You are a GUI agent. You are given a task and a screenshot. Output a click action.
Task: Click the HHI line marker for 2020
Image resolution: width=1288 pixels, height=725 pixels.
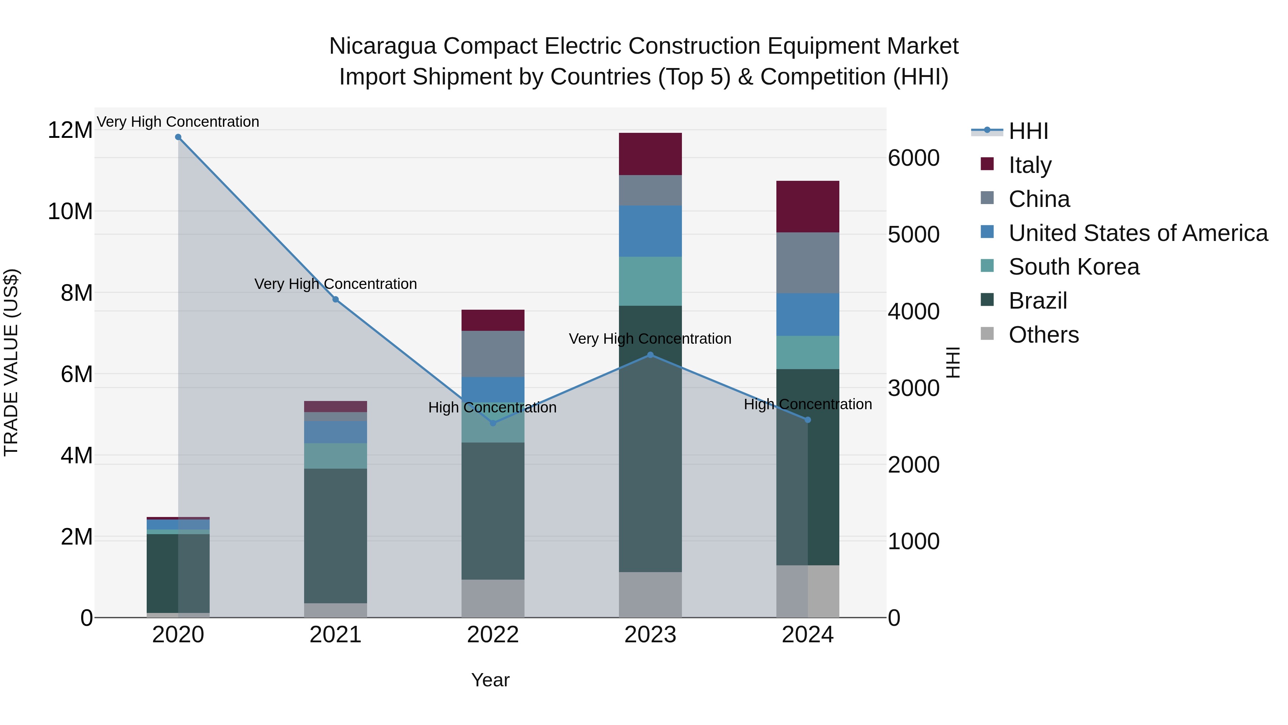tap(178, 137)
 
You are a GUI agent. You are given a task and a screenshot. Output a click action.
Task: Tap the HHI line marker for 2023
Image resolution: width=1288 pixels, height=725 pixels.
tap(650, 355)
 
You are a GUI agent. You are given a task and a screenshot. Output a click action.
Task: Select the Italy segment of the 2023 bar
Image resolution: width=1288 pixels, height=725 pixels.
tap(650, 154)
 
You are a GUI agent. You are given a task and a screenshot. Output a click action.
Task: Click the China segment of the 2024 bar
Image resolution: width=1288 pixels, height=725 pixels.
tap(808, 263)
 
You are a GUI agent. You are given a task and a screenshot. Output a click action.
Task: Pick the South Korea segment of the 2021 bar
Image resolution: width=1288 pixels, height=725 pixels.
tap(336, 455)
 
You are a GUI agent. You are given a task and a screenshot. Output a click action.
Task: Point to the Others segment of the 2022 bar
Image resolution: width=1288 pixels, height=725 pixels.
tap(493, 598)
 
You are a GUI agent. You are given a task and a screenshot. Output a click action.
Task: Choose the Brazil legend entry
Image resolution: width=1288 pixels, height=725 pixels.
tap(1038, 301)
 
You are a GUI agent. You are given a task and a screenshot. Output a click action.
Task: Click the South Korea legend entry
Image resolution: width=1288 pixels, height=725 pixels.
tap(1073, 267)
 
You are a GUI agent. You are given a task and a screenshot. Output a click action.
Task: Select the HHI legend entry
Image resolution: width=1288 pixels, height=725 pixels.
tap(1028, 131)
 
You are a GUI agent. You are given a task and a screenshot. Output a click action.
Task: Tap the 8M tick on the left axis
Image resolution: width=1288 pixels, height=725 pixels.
tap(77, 293)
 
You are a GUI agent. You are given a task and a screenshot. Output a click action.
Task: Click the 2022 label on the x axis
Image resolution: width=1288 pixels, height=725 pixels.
tap(493, 635)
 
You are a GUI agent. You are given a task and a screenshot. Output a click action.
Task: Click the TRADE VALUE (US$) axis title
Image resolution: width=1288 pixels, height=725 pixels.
tap(11, 362)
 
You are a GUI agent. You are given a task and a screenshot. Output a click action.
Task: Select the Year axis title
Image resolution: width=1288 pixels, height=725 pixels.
tap(490, 680)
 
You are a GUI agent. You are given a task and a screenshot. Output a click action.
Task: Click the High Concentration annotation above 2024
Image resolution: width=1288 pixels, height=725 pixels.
tap(808, 404)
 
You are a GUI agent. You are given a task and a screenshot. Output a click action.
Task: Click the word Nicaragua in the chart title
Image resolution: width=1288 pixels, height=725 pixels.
tap(382, 46)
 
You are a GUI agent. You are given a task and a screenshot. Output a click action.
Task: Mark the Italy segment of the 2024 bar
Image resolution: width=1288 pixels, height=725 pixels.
tap(808, 206)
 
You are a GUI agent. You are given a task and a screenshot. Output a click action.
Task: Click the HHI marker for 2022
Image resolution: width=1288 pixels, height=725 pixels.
tap(493, 423)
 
